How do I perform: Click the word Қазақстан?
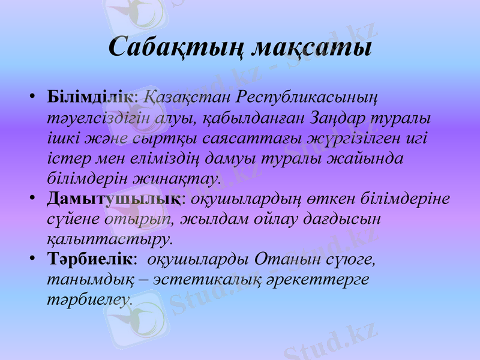[x=188, y=97]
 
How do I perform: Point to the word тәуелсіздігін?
[x=97, y=117]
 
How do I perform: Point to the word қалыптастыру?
[x=109, y=239]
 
